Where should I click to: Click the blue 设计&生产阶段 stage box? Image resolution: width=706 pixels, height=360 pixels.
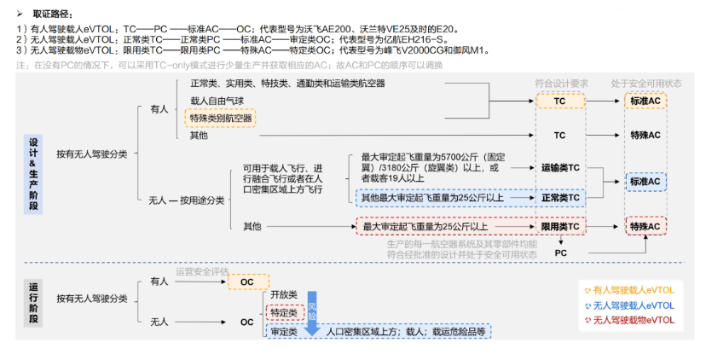35,174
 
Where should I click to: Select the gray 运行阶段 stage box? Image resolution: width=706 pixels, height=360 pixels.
35,304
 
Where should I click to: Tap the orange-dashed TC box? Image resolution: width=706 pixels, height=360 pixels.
559,101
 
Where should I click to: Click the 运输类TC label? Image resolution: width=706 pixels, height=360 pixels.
559,168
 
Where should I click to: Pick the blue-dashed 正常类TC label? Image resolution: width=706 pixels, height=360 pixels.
559,198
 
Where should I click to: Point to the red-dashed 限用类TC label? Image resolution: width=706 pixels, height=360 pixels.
559,227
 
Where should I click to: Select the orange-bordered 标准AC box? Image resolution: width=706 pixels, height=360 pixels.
645,101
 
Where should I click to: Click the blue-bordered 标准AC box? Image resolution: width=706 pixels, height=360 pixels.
645,182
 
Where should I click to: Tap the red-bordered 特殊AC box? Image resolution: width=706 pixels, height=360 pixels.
645,227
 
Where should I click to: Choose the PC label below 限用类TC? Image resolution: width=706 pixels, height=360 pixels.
560,253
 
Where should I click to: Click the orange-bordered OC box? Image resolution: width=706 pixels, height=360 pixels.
248,282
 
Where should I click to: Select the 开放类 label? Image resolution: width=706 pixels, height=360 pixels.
283,294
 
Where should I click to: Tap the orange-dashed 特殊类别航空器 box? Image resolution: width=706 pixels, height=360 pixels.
221,118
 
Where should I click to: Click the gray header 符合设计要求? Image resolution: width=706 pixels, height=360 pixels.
561,83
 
